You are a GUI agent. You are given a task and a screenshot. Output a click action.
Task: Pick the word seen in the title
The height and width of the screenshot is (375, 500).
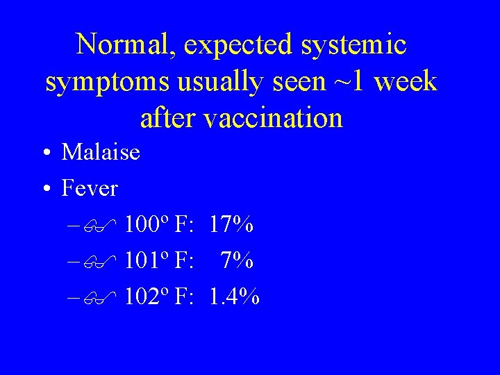point(293,81)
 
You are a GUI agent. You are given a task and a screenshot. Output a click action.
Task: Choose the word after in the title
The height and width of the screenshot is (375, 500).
point(169,117)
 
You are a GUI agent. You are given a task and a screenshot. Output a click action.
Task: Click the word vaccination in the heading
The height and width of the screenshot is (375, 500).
point(274,117)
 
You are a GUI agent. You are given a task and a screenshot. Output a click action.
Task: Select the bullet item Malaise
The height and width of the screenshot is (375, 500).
point(101,151)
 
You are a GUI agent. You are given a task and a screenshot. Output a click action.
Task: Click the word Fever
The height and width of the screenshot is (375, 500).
point(90,187)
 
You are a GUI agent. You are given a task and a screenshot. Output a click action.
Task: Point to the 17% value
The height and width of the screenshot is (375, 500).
point(231,224)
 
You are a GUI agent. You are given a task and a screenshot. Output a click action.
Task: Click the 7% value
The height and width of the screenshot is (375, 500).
point(237,260)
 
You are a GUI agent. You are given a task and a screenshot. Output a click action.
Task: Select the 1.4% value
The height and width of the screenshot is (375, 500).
point(235,297)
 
